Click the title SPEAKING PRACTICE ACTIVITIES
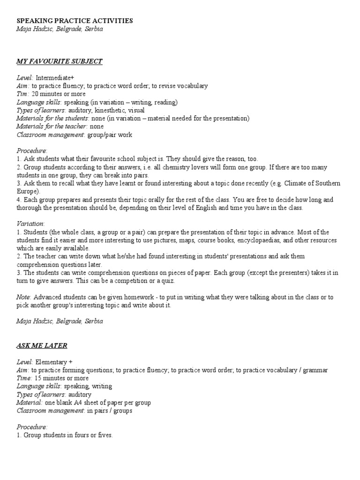pyautogui.click(x=75, y=21)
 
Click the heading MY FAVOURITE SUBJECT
pyautogui.click(x=60, y=61)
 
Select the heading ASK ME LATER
pyautogui.click(x=42, y=345)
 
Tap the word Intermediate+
pyautogui.click(x=52, y=78)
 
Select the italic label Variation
pyautogui.click(x=30, y=224)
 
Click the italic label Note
pyautogui.click(x=23, y=297)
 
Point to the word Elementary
pyautogui.click(x=52, y=362)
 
